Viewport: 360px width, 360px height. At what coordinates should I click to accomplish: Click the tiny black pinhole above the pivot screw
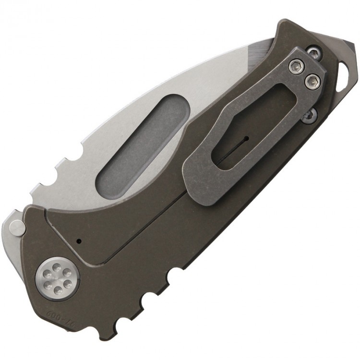[x=80, y=240]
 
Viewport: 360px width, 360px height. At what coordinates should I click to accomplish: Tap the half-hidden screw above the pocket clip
[x=313, y=51]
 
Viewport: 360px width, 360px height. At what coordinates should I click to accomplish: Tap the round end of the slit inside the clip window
[x=246, y=139]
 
